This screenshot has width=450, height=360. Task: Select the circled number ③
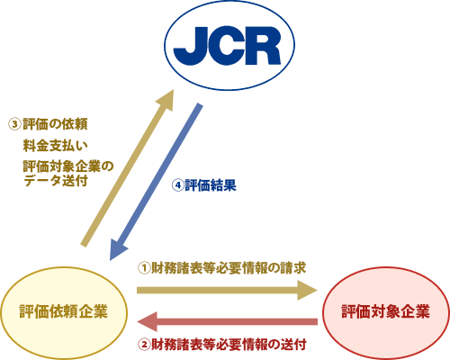pos(14,124)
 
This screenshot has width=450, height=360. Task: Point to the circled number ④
pos(177,185)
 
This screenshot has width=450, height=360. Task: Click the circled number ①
pos(144,268)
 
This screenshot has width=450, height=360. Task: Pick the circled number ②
pos(144,344)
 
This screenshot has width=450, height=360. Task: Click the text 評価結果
pos(211,185)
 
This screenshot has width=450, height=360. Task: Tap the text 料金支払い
pos(56,146)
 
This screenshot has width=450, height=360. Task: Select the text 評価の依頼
pos(55,124)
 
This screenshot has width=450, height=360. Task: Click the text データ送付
pos(56,181)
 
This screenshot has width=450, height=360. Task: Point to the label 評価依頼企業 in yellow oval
pos(64,311)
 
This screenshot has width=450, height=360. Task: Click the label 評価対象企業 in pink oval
pos(385,311)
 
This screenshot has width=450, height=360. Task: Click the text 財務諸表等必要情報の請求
pos(229,268)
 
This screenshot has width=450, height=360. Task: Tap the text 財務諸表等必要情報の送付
pos(229,344)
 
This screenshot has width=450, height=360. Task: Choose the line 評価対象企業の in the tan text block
pos(68,166)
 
